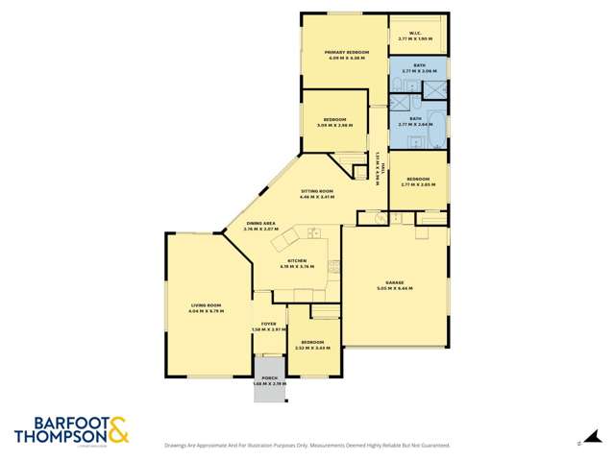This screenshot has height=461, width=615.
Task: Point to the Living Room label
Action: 206,308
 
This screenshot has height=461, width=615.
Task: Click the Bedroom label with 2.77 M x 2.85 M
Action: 418,181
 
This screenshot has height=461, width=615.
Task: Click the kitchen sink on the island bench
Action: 313,231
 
